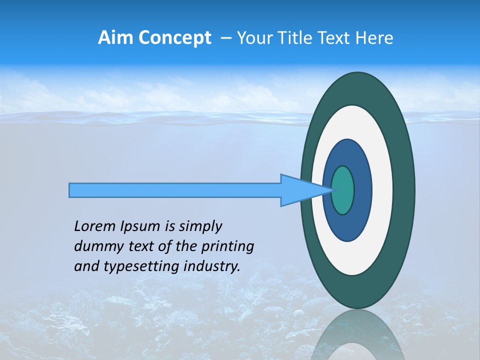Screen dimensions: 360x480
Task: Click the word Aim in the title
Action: [114, 38]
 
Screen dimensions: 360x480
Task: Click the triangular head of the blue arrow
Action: [300, 190]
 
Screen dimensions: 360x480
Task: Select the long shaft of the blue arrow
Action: [175, 190]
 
